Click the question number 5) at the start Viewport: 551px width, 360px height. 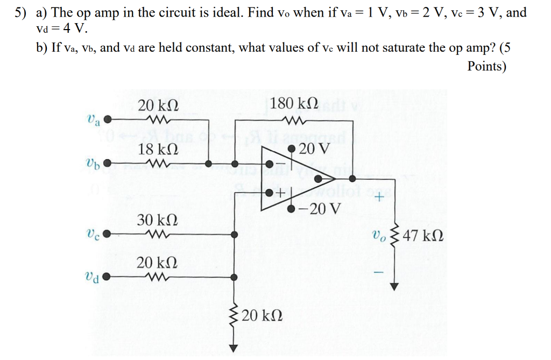coord(20,12)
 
